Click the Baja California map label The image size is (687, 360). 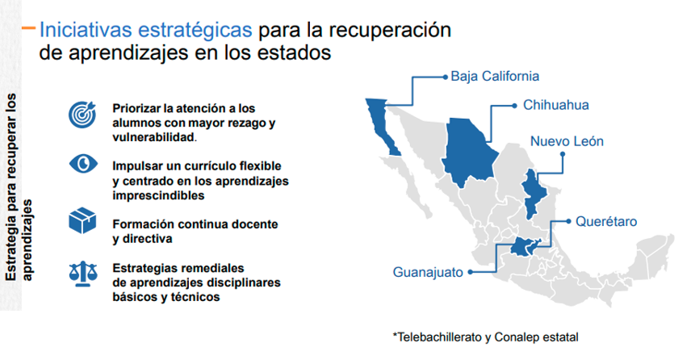click(495, 76)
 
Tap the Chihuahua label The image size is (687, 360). click(555, 105)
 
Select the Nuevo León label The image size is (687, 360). click(567, 141)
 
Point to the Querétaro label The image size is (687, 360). click(606, 221)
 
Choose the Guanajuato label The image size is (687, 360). click(428, 272)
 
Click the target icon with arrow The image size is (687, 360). click(82, 115)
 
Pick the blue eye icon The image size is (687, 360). click(83, 164)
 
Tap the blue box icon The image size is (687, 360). click(82, 220)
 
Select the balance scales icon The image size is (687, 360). click(83, 274)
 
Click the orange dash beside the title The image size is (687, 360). click(28, 28)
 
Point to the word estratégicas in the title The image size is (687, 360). click(195, 30)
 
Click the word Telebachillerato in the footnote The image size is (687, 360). click(438, 337)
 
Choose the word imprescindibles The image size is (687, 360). click(158, 195)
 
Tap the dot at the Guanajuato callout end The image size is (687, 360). click(470, 272)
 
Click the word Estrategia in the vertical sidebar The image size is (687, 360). click(11, 251)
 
